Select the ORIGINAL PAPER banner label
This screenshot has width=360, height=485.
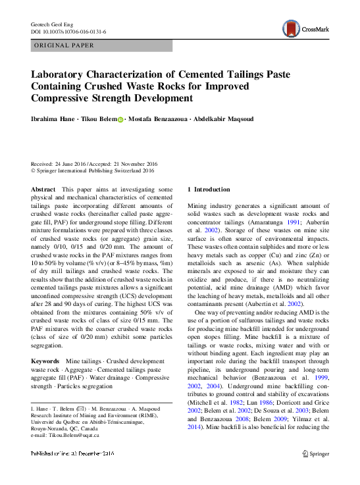[x=63, y=45]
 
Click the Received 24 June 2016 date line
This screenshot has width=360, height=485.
[x=93, y=164]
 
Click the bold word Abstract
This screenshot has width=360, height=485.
[x=43, y=189]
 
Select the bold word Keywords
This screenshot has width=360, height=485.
[x=46, y=361]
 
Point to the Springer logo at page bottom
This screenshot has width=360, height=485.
[x=315, y=454]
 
